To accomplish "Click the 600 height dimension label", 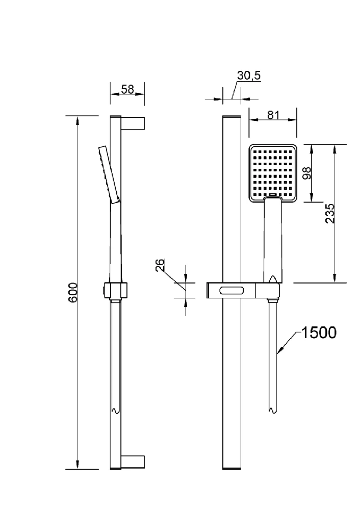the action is pyautogui.click(x=73, y=292).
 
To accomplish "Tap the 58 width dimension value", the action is pyautogui.click(x=127, y=89).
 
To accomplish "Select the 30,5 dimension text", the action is pyautogui.click(x=249, y=75).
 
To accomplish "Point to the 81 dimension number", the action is pyautogui.click(x=273, y=115).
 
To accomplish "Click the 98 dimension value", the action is pyautogui.click(x=306, y=173).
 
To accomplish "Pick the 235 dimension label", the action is pyautogui.click(x=329, y=213).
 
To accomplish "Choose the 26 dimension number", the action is pyautogui.click(x=160, y=265).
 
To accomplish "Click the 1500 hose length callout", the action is pyautogui.click(x=319, y=333).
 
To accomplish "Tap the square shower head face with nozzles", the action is pyautogui.click(x=273, y=173).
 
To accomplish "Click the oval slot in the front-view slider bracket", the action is pyautogui.click(x=232, y=290).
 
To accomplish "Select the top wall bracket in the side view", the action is pyautogui.click(x=133, y=122).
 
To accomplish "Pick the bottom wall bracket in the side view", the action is pyautogui.click(x=133, y=462).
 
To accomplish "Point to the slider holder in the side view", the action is pyautogui.click(x=115, y=290).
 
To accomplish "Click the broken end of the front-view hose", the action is pyautogui.click(x=272, y=411).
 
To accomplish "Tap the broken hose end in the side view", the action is pyautogui.click(x=116, y=411).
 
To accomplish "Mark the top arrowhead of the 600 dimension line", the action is pyautogui.click(x=78, y=121).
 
